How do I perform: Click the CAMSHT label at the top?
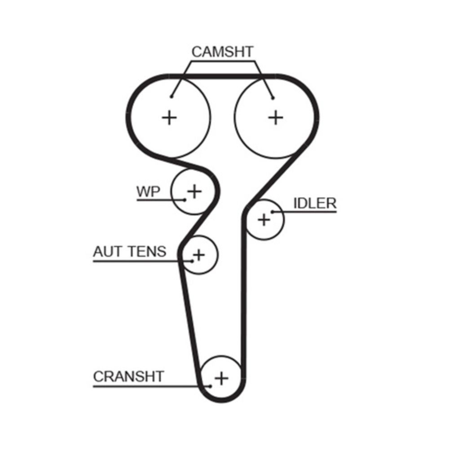222,52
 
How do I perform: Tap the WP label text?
148,191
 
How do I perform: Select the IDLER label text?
314,203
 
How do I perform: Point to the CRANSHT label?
129,376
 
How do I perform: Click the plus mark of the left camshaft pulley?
169,118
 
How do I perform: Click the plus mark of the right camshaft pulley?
276,118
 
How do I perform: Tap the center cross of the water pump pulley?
194,191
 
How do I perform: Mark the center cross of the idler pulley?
264,220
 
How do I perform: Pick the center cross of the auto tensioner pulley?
198,255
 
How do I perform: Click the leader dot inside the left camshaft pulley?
172,96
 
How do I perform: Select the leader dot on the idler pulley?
273,211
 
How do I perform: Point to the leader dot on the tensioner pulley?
192,260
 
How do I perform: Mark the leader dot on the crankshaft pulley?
210,385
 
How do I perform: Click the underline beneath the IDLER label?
310,211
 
